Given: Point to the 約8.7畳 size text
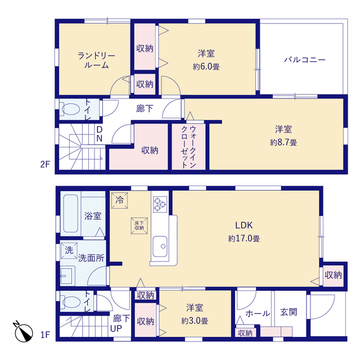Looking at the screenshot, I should click(x=285, y=143).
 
